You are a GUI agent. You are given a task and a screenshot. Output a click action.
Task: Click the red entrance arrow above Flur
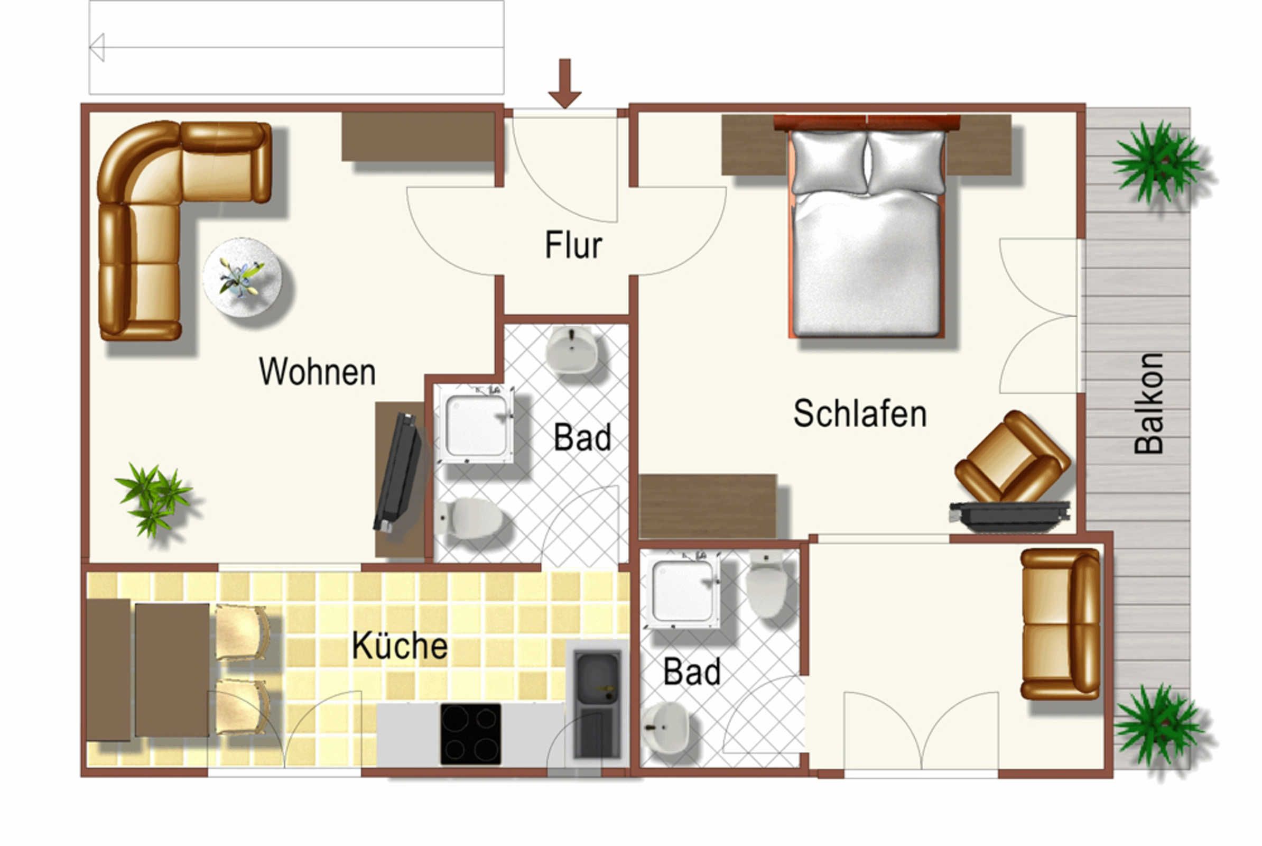click(564, 84)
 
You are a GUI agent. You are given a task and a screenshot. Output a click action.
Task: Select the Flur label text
click(573, 245)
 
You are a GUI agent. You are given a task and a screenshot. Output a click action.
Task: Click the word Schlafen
click(860, 413)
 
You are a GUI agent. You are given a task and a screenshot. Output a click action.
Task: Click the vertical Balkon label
click(1149, 403)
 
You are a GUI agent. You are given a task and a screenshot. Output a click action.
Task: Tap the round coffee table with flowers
click(242, 277)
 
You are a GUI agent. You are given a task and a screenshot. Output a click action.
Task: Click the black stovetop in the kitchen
click(470, 734)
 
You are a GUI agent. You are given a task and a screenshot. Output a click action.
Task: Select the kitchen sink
click(597, 704)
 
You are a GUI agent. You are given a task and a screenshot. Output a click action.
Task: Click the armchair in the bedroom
click(1013, 457)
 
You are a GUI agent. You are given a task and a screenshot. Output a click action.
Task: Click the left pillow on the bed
click(829, 161)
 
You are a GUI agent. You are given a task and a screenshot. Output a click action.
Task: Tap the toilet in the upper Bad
click(469, 518)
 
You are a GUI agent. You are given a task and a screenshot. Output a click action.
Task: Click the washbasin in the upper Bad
click(571, 350)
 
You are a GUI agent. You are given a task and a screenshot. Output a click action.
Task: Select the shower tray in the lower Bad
click(683, 590)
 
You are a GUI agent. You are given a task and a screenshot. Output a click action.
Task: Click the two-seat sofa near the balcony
click(1060, 624)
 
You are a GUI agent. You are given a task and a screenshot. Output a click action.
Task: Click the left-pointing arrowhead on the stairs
click(97, 48)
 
